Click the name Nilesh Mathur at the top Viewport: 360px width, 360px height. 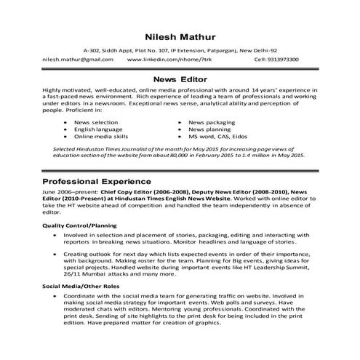pos(179,35)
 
